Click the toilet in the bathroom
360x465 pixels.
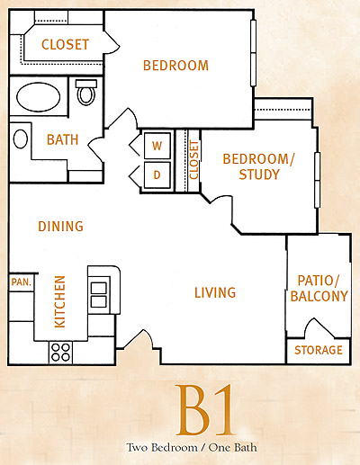[x=86, y=92]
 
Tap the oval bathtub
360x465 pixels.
[x=39, y=97]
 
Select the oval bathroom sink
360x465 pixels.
[x=21, y=139]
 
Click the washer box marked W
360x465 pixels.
[x=157, y=146]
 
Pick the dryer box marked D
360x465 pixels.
[x=157, y=174]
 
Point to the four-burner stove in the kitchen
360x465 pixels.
[x=60, y=353]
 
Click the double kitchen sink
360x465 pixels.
[x=99, y=295]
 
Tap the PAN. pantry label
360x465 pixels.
[x=22, y=282]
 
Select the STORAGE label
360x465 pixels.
[x=319, y=350]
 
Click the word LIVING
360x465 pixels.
[x=215, y=292]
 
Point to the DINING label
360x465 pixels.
[x=60, y=227]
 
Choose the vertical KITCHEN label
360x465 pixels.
[x=59, y=301]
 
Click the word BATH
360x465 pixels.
[x=62, y=139]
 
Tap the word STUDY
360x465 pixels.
[x=259, y=174]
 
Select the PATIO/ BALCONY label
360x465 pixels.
[x=319, y=289]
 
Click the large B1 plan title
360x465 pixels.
[x=205, y=410]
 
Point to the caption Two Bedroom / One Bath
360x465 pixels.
[x=192, y=448]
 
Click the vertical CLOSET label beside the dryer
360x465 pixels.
[x=194, y=160]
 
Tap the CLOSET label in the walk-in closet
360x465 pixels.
[x=65, y=45]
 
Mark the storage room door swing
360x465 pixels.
[x=319, y=327]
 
